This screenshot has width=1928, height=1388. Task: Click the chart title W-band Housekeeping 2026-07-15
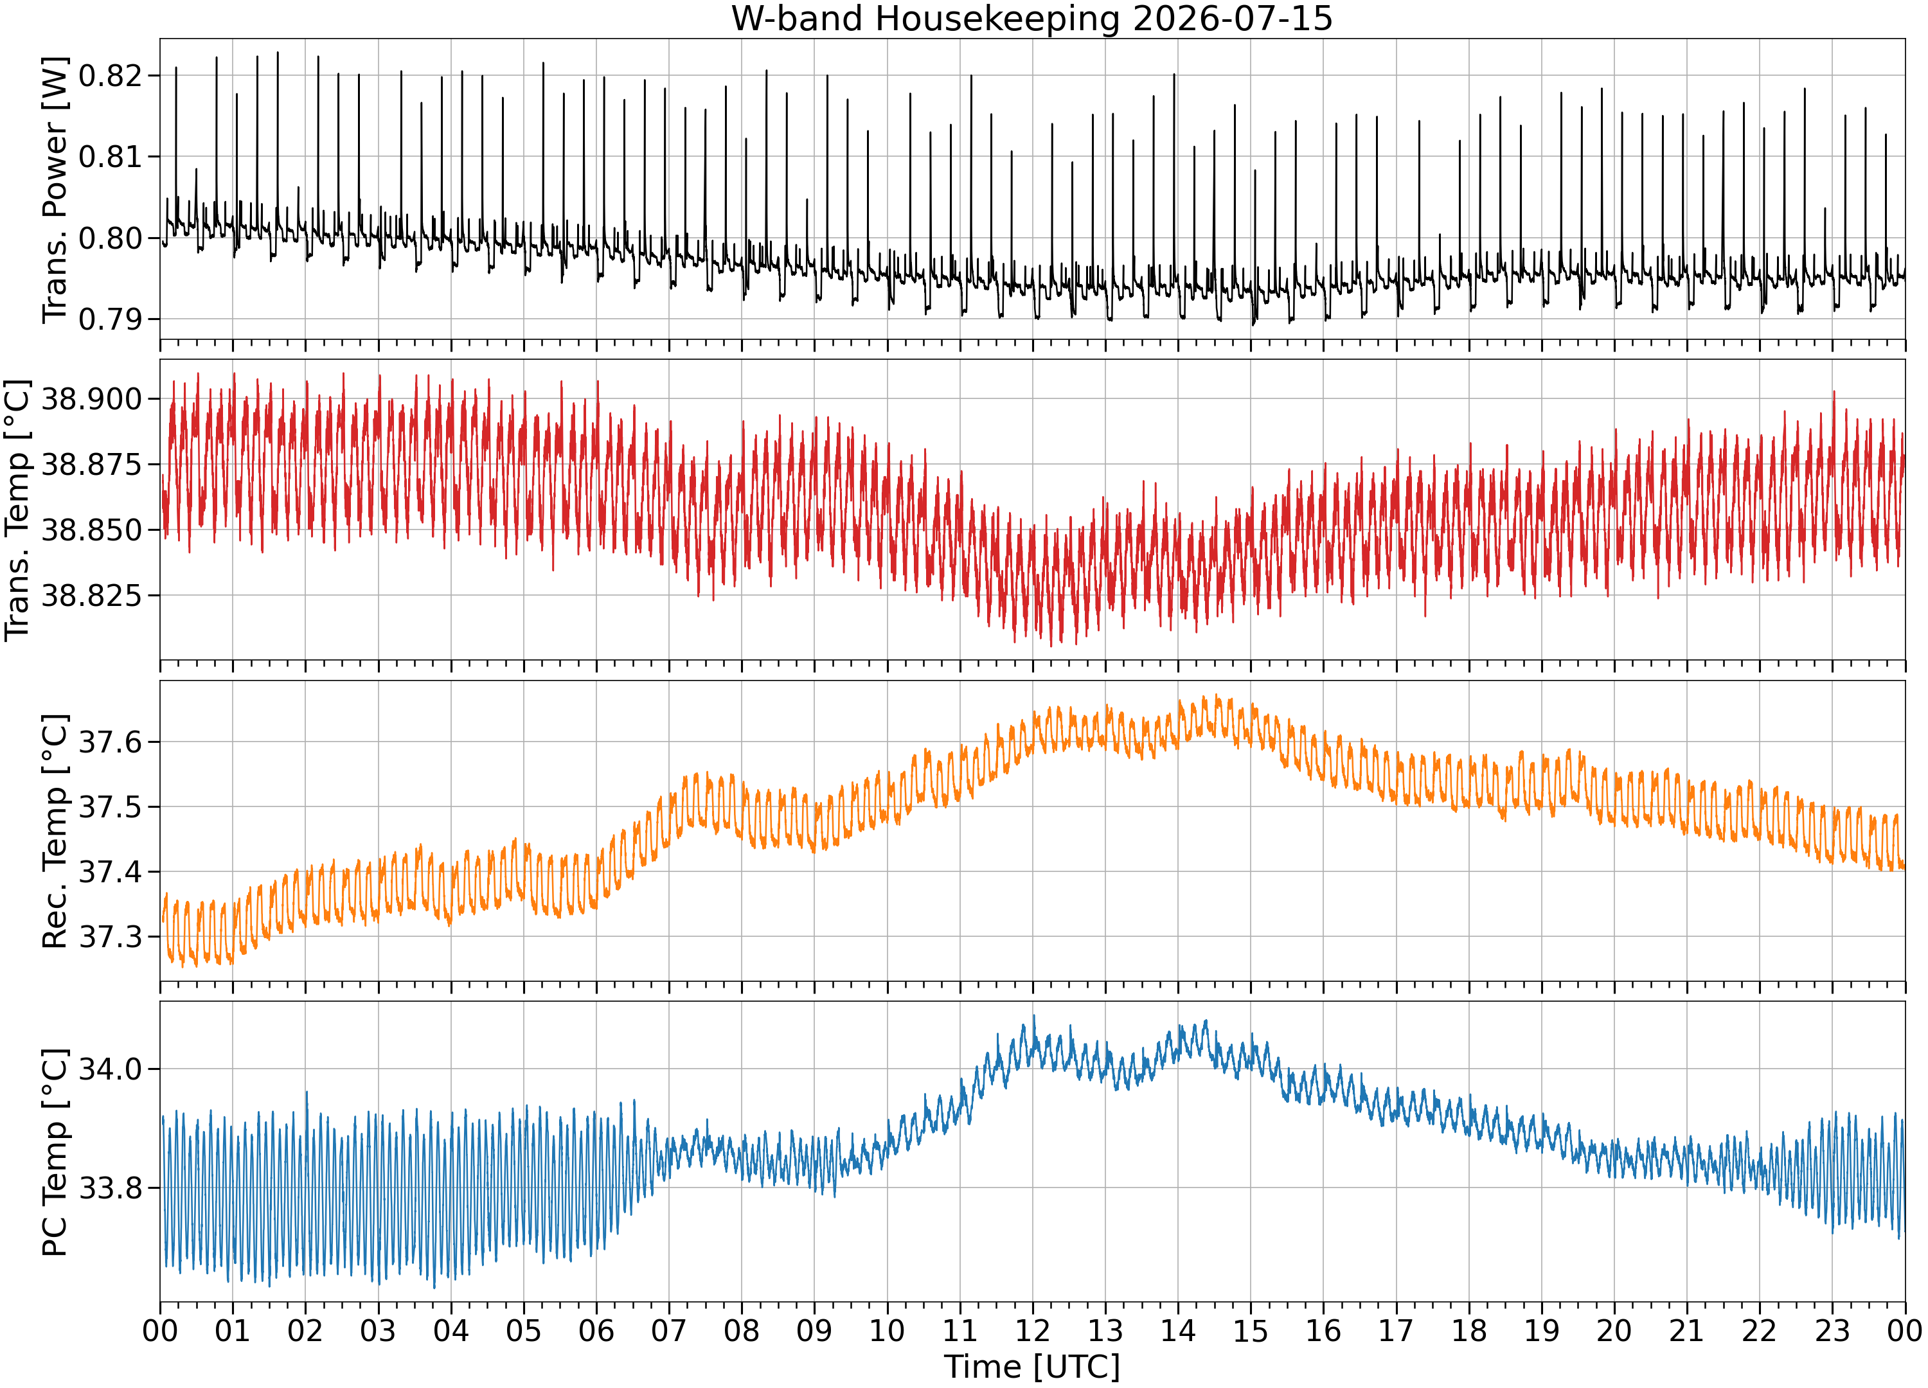tap(1032, 19)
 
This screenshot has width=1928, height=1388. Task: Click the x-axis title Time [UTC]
tap(1032, 1367)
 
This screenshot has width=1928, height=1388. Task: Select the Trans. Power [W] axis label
tap(55, 190)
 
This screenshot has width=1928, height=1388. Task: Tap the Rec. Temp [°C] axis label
tap(55, 832)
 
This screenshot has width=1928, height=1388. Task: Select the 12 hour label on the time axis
tap(1033, 1330)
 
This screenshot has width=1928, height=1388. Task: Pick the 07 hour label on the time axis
tap(669, 1330)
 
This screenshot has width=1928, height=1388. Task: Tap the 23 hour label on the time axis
tap(1832, 1330)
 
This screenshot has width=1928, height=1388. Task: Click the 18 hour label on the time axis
tap(1469, 1330)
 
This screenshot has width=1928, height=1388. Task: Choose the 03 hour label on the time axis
tap(379, 1330)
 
